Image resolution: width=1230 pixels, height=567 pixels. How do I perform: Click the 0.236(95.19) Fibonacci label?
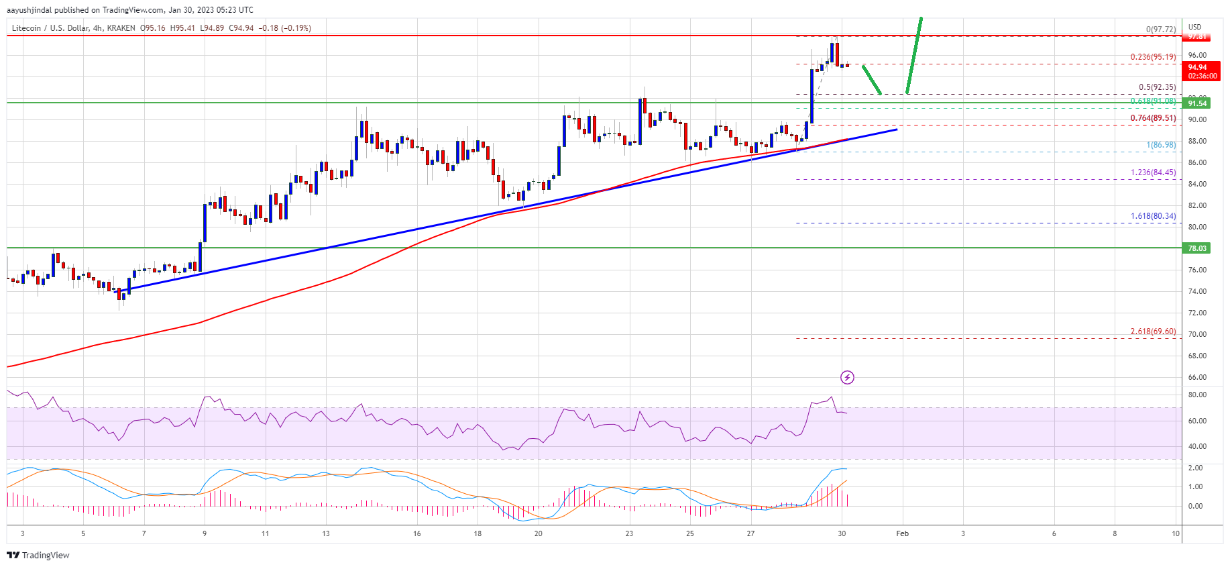tap(1152, 57)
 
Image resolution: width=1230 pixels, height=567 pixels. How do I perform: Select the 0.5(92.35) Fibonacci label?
tap(1157, 87)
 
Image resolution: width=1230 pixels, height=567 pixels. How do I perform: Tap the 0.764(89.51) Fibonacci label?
tap(1152, 118)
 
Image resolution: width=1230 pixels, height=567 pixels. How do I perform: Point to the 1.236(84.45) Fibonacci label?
tap(1152, 172)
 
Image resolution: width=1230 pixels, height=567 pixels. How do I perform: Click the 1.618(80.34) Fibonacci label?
tap(1152, 216)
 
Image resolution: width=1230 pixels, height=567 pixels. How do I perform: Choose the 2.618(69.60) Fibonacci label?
tap(1152, 331)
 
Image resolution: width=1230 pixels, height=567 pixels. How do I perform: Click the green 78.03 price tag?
tap(1197, 248)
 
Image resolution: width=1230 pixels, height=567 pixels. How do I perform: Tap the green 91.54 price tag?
tap(1197, 103)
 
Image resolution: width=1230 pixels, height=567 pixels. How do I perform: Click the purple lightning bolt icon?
tap(847, 377)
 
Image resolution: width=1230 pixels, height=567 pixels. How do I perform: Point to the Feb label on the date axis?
tap(902, 534)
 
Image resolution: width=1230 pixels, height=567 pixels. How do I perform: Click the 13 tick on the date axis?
tap(326, 534)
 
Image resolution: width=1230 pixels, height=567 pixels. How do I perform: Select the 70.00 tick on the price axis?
tap(1197, 334)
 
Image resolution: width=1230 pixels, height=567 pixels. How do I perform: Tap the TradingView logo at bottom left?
tap(38, 555)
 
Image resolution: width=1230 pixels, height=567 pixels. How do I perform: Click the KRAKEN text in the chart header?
tap(121, 28)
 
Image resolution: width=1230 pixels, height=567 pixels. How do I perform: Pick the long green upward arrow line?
tap(913, 55)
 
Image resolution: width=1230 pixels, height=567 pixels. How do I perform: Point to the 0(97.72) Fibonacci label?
tap(1160, 30)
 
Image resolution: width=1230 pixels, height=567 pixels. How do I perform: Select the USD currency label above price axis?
tap(1194, 28)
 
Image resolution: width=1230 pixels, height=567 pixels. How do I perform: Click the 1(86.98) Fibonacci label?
tap(1160, 145)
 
